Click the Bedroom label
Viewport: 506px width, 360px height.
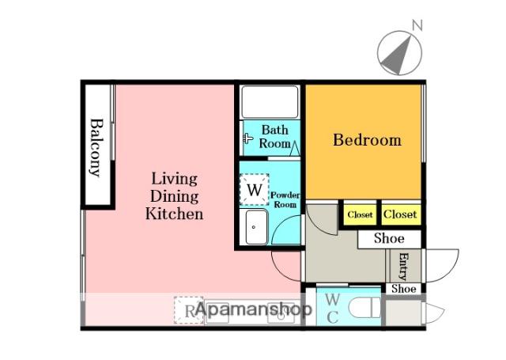tap(367, 140)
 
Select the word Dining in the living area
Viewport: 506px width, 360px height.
tap(174, 197)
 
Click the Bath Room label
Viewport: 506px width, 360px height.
tap(274, 137)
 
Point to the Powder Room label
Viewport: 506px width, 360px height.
tap(285, 200)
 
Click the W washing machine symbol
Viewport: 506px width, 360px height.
tap(255, 190)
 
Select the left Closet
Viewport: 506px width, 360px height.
tap(360, 214)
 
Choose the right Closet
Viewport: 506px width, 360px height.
tap(401, 214)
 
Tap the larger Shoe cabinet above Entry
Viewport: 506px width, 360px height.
tap(390, 239)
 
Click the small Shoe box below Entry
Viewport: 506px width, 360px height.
tap(404, 288)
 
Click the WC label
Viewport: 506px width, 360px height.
tap(332, 309)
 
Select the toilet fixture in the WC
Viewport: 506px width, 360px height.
tap(364, 307)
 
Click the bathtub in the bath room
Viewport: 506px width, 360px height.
tap(270, 102)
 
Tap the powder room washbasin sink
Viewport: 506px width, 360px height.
tap(256, 227)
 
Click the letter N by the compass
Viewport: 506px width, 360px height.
tap(417, 25)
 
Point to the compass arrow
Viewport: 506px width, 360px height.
tap(398, 55)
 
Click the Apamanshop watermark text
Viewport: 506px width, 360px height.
tap(254, 309)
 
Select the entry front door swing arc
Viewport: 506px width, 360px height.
tap(442, 265)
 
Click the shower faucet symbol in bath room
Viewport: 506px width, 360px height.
tap(247, 138)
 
